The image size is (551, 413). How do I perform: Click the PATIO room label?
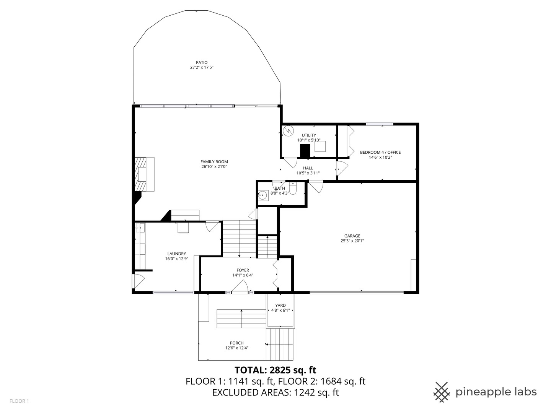coord(202,62)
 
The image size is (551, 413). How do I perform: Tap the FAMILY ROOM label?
coord(214,162)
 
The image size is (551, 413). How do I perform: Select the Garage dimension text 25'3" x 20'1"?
coord(352,241)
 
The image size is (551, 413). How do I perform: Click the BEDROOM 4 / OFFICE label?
coord(380,152)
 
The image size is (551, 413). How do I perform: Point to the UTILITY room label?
coord(309,135)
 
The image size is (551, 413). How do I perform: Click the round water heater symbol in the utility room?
coord(288,130)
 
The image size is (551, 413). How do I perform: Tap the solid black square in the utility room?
coord(305,151)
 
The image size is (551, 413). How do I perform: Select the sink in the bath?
coord(262,195)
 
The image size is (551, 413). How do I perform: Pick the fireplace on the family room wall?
coord(143,174)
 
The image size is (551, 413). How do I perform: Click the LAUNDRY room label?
coord(176,254)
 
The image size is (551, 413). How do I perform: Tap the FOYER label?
coord(243,270)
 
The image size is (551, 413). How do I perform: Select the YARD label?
coord(280,306)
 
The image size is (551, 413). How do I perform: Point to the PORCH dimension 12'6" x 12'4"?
coord(237,348)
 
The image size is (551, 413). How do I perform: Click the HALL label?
coord(308,168)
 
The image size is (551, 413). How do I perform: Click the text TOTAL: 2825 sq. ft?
coord(275,370)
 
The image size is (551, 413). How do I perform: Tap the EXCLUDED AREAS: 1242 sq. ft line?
coord(275,392)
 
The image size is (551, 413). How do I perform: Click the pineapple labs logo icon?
coord(442,392)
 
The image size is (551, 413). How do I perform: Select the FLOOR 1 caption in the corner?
coord(19,401)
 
